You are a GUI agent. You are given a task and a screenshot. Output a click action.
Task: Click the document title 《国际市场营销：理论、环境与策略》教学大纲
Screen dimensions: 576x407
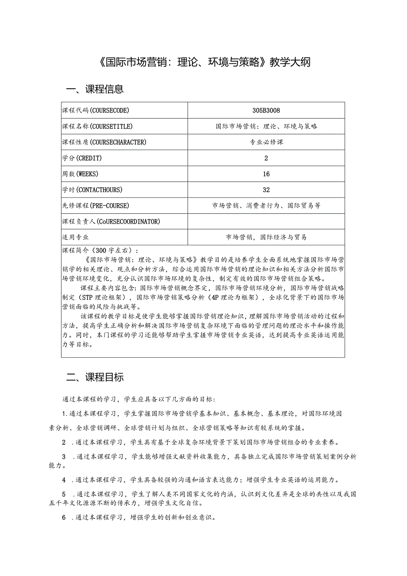click(x=203, y=62)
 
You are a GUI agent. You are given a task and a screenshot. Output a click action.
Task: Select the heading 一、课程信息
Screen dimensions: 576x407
click(x=95, y=89)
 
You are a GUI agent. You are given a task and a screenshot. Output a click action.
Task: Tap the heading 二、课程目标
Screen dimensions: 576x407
click(x=95, y=377)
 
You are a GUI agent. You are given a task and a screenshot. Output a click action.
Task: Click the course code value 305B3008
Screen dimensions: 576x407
click(x=266, y=110)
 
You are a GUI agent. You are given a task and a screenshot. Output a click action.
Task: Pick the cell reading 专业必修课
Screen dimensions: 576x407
click(x=266, y=142)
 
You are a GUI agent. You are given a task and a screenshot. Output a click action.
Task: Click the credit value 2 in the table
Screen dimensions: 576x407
click(x=266, y=158)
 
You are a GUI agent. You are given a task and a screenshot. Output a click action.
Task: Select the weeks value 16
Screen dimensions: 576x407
click(x=266, y=174)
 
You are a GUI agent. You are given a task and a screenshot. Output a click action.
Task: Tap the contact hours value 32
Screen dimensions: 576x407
click(x=266, y=190)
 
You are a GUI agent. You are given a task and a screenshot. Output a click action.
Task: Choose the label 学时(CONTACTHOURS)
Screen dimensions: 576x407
click(x=92, y=190)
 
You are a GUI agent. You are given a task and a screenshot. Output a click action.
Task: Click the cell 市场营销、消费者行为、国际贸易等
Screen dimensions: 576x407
click(x=266, y=206)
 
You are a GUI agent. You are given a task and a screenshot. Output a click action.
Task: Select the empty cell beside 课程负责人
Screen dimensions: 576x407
click(x=266, y=221)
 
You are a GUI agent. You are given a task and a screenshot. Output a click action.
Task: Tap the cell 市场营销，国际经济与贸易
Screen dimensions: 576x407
click(x=266, y=237)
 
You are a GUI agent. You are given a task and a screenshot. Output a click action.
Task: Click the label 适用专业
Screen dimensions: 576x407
click(x=75, y=237)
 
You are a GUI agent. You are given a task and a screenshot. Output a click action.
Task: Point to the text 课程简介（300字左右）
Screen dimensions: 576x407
click(x=100, y=251)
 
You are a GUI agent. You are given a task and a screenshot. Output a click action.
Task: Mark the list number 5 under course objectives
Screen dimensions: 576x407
click(x=64, y=494)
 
